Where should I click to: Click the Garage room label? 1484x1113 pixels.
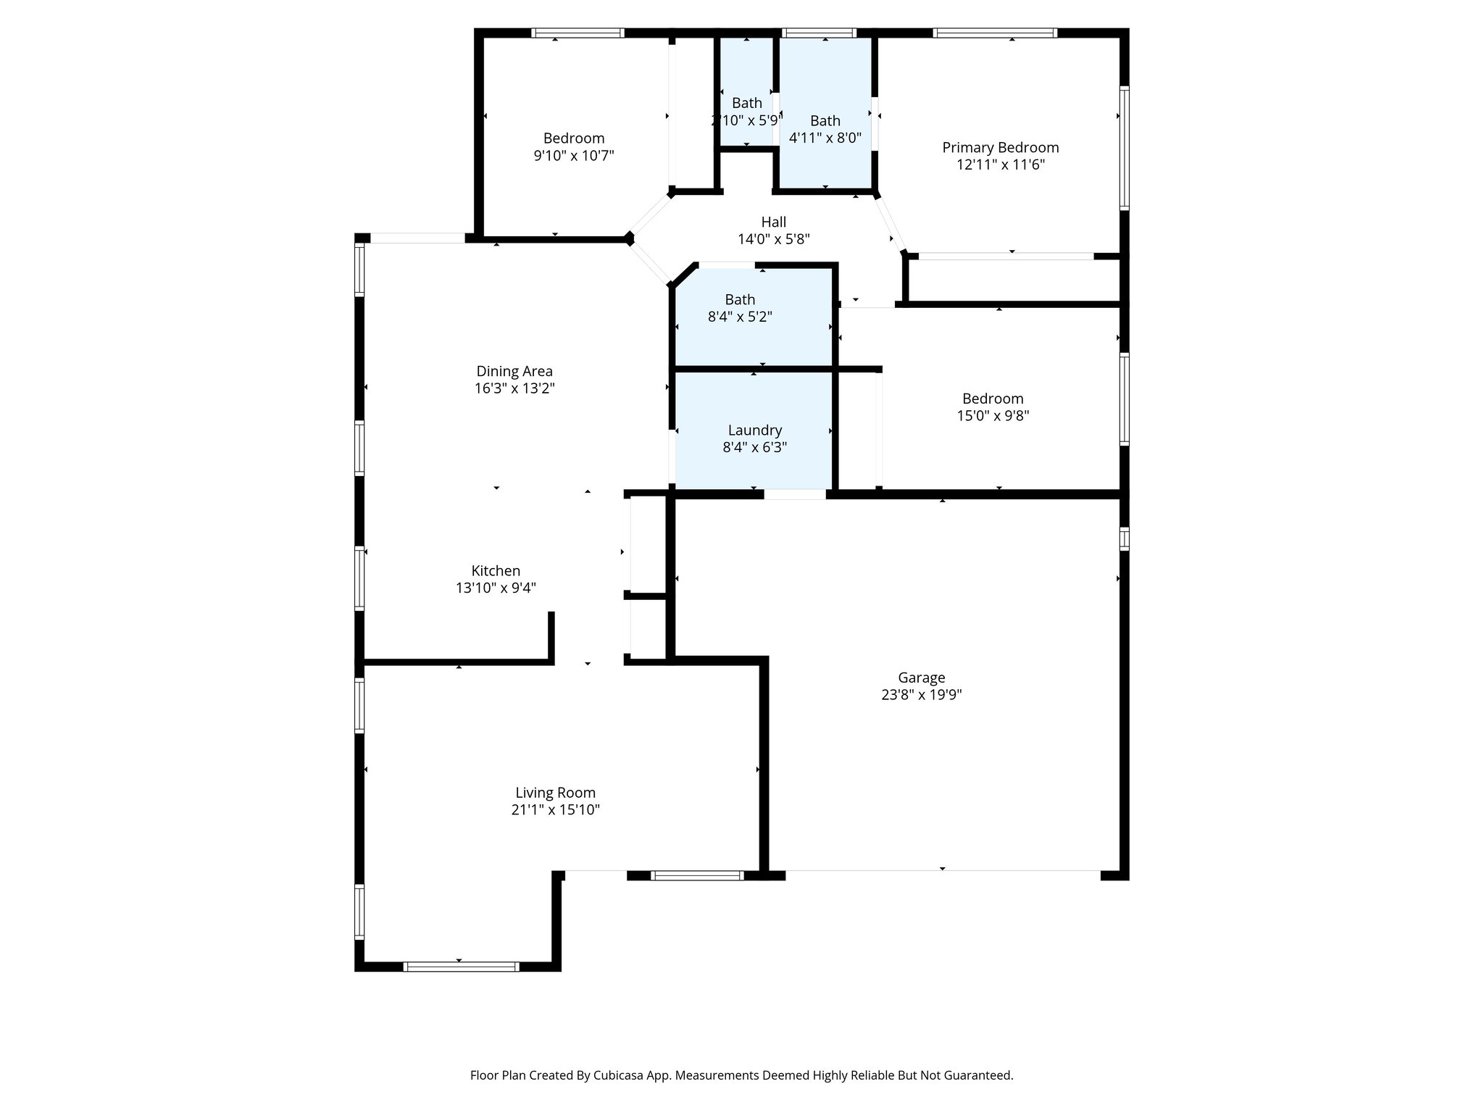pos(921,678)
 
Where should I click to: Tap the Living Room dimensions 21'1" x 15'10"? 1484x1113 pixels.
pos(555,810)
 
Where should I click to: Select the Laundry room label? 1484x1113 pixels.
pos(754,430)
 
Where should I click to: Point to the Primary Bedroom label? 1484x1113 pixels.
pos(1000,148)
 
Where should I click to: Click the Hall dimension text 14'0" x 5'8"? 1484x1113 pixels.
pos(773,239)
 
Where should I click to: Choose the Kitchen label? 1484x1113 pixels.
pos(496,571)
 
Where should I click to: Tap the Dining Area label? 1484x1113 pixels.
pos(514,371)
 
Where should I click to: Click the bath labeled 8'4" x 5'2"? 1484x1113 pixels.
pos(740,308)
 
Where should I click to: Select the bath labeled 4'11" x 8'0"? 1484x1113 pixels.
pos(825,129)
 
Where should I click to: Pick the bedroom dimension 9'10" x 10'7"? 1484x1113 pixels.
pos(574,156)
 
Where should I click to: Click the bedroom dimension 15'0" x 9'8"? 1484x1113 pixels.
pos(993,416)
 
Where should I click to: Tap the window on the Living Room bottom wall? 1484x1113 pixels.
pos(461,966)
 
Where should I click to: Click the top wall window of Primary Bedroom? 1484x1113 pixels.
pos(995,33)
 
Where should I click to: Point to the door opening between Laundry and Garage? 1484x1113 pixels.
pos(795,494)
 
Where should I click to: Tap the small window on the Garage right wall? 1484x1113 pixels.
pos(1124,539)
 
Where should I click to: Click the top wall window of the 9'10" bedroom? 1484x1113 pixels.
pos(578,33)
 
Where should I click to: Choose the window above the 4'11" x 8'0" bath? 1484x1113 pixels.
pos(819,33)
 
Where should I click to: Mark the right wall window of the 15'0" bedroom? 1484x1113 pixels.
pos(1124,399)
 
